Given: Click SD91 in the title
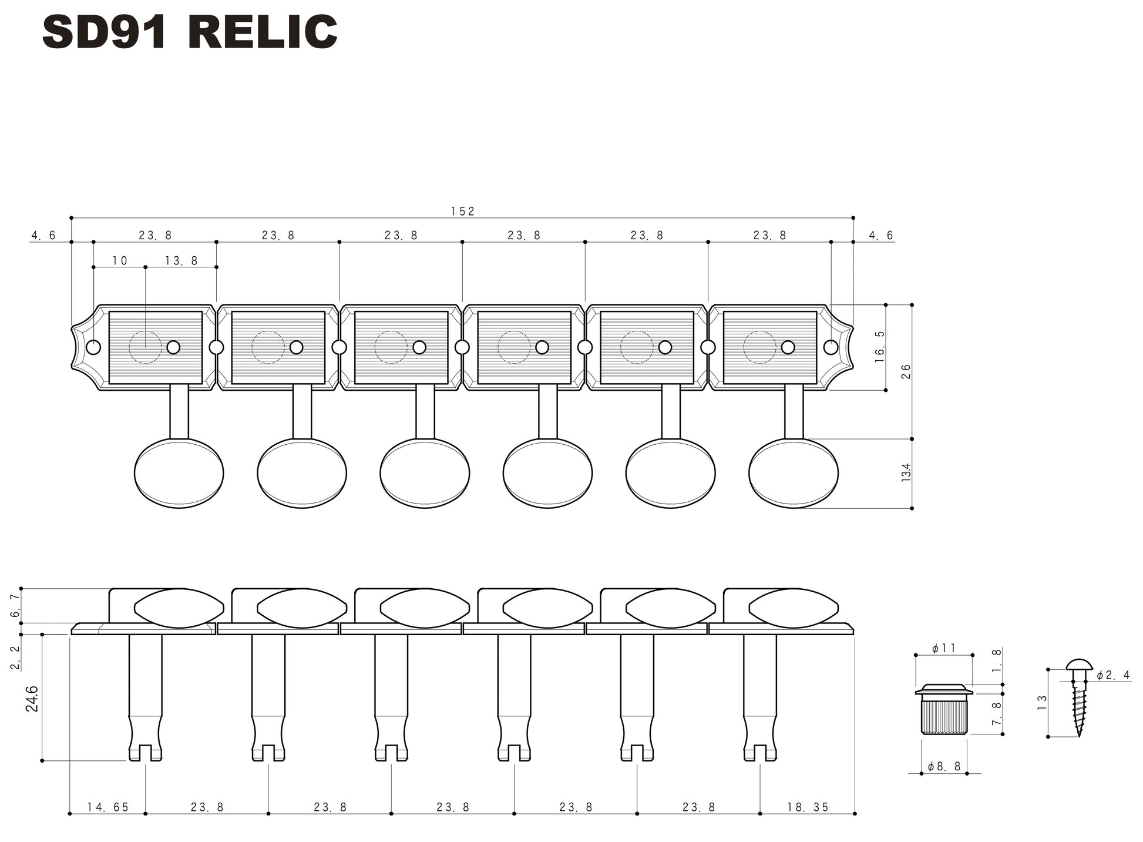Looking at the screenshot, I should [105, 33].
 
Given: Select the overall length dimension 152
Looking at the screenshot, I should [463, 212].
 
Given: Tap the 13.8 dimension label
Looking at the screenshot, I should [181, 261].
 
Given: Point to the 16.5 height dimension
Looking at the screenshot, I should [879, 347].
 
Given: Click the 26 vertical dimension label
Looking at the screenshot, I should [906, 371].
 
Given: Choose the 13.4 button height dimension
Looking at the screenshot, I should [906, 472].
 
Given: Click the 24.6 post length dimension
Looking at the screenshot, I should [32, 699].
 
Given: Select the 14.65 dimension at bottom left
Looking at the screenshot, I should [107, 807].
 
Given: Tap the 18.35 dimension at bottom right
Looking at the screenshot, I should [808, 807].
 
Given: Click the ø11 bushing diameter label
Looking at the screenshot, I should [944, 649].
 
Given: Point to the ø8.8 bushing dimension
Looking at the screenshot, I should [944, 767].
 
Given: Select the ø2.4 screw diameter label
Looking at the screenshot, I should [1113, 676].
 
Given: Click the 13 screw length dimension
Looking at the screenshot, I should [1042, 702].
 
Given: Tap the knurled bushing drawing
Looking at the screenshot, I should [944, 712].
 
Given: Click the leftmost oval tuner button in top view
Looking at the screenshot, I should [179, 473].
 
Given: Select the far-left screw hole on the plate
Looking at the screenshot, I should [93, 348].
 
